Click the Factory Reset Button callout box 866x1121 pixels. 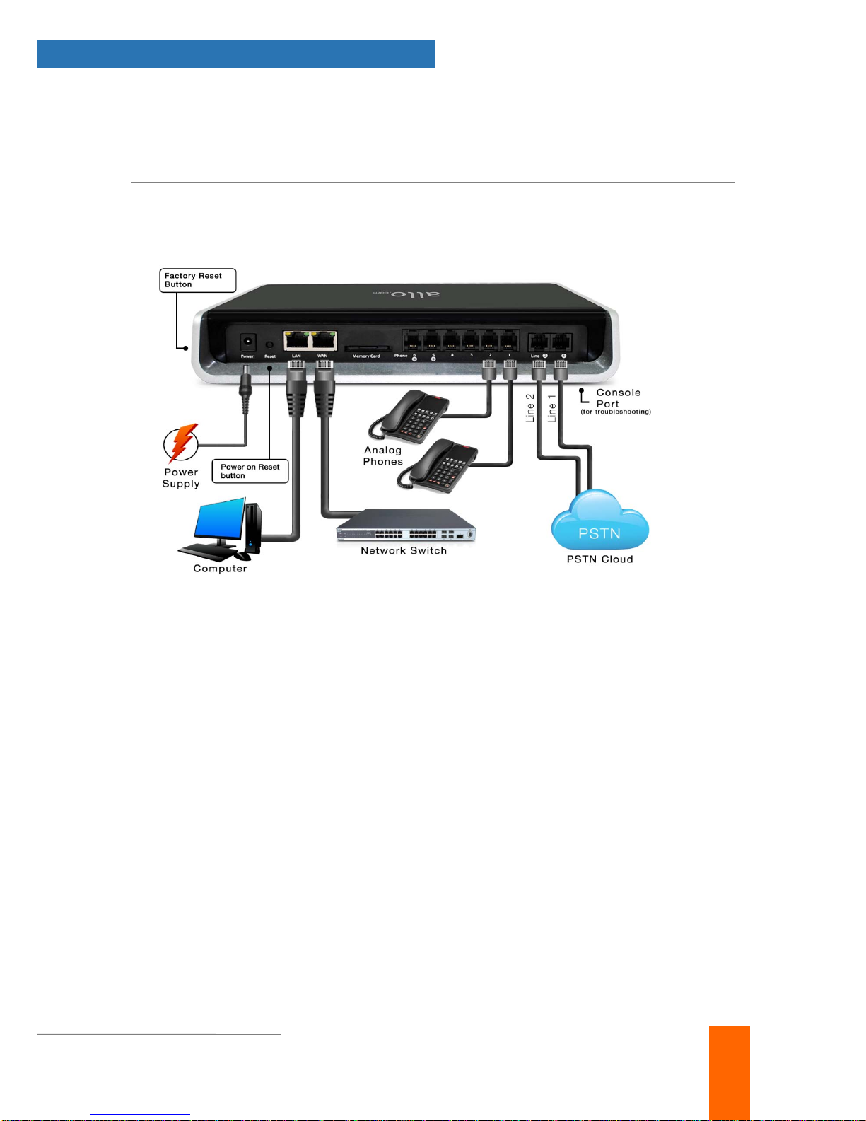coord(197,280)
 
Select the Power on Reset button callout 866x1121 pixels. coord(250,471)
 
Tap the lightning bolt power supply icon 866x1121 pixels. coord(181,443)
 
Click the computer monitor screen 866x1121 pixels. coord(219,522)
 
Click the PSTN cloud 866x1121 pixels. coord(599,523)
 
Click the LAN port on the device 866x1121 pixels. coord(297,341)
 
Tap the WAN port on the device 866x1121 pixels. coord(323,341)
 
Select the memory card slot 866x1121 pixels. coord(365,349)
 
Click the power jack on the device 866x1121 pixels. coord(247,342)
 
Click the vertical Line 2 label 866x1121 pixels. coord(530,408)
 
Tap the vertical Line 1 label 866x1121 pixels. coord(552,408)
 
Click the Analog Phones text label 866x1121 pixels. coord(383,455)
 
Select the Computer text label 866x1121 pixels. coord(220,569)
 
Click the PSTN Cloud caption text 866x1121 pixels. coord(599,559)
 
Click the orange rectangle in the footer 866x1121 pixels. coord(729,1071)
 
